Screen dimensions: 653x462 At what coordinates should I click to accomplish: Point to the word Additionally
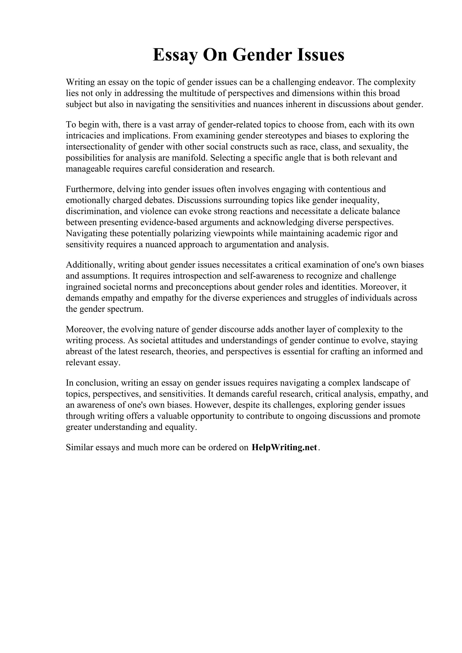tap(90, 265)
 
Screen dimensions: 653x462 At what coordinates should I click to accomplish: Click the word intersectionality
tap(98, 147)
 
